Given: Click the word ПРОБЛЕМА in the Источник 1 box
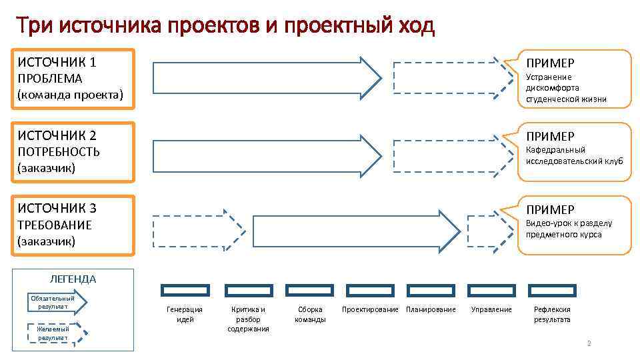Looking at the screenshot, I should click(50, 79).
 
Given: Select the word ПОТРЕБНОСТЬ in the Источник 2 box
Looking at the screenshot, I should click(59, 152).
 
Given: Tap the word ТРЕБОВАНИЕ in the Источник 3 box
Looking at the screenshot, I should click(55, 225).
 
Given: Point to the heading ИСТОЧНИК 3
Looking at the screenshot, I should click(57, 208).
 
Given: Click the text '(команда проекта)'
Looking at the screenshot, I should click(71, 95).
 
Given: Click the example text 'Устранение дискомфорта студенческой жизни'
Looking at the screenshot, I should click(566, 88).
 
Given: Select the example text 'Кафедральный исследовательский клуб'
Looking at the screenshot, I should click(574, 155).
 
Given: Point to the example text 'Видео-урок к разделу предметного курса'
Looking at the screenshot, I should click(569, 229).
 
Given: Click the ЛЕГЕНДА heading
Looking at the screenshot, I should click(73, 279).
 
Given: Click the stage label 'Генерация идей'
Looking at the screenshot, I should click(185, 314).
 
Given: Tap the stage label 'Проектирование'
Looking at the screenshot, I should click(370, 309).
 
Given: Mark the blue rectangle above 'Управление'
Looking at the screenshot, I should click(491, 290).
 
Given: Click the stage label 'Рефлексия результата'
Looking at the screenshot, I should click(552, 314).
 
